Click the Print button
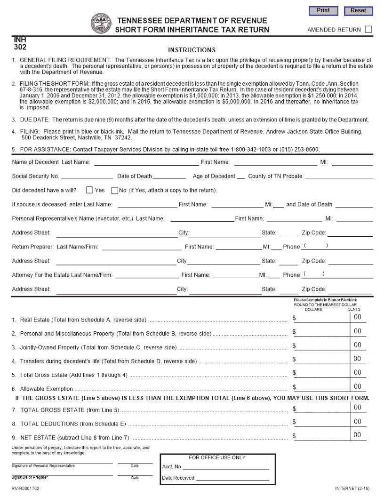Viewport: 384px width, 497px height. (323, 10)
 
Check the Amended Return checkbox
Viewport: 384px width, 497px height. (368, 29)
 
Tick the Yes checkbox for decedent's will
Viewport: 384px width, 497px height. (89, 190)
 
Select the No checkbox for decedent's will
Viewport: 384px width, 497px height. (114, 190)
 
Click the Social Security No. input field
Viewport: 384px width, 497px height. (87, 176)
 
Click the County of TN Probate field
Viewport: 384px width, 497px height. (339, 176)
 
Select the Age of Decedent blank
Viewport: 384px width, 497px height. (240, 176)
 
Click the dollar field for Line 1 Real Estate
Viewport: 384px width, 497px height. (323, 318)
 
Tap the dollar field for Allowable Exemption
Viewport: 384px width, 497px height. (323, 387)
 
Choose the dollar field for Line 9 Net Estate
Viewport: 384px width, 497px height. (323, 436)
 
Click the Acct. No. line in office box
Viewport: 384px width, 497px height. (226, 466)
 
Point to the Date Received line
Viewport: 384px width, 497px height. (232, 477)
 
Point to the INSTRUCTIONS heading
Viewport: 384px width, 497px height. (192, 50)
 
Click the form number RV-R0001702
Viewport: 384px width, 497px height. (25, 489)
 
